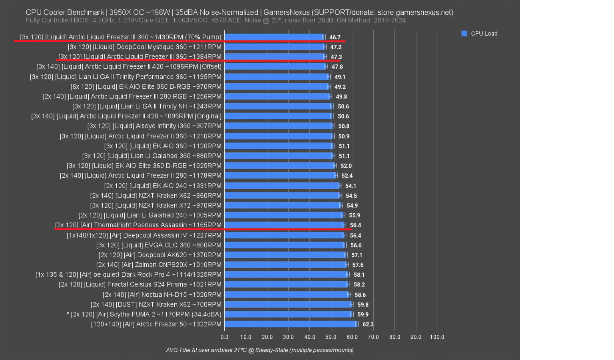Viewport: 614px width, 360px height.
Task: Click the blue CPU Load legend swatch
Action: pos(464,34)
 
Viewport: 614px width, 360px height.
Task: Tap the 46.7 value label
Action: pos(335,37)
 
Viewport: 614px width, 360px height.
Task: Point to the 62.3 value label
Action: pos(368,324)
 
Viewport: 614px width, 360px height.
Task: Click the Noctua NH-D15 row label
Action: pos(162,294)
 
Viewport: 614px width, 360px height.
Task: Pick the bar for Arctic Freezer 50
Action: pos(290,324)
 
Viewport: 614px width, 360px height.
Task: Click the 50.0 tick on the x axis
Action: pos(331,337)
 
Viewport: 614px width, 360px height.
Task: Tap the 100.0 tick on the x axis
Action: pos(437,337)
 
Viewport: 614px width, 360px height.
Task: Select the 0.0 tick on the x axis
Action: pos(225,337)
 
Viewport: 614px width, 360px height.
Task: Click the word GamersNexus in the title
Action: pos(286,12)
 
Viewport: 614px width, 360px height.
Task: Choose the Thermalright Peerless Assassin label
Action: pos(138,225)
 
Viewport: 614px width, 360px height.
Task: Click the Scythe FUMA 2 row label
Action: pos(144,314)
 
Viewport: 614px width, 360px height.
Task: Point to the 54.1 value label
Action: pos(351,186)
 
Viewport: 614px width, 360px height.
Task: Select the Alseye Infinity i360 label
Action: pos(154,126)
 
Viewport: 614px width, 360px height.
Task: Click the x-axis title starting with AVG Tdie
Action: pos(260,350)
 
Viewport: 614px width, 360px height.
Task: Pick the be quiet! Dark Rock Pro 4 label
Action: pos(128,275)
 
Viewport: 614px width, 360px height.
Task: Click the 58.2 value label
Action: pos(359,285)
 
